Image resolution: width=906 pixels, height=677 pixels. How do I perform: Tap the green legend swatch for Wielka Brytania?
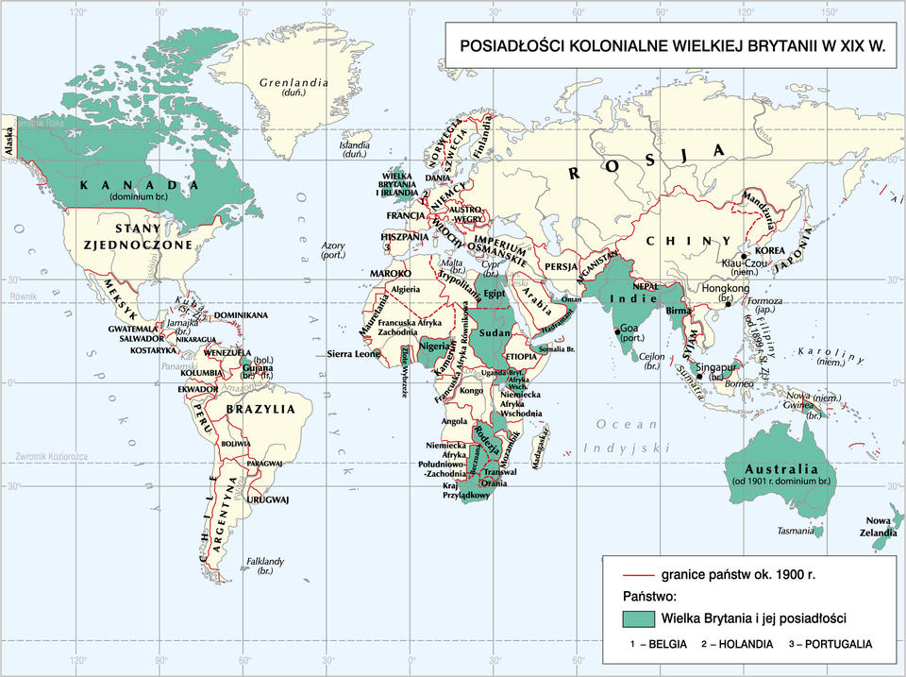[639, 618]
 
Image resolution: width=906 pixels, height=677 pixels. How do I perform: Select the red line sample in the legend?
[639, 574]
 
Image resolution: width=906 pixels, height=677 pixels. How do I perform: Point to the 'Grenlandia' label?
[293, 83]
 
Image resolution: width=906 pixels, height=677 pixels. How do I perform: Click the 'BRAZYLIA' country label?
[267, 410]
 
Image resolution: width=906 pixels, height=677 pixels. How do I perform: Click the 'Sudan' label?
[495, 333]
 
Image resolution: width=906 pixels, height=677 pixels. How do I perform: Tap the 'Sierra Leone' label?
[353, 354]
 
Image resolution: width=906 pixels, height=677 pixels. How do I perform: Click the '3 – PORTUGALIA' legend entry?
[830, 644]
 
